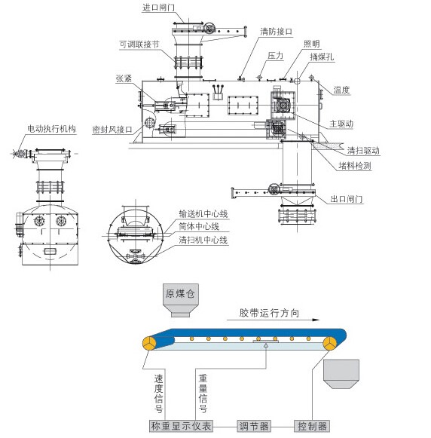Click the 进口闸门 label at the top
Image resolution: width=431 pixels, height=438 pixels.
coord(158,8)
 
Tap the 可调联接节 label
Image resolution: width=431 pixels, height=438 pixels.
coord(139,44)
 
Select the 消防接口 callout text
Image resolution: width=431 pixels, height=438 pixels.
coord(277,32)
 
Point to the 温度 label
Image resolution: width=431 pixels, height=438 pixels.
coord(341,90)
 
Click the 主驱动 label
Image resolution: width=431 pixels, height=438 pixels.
coord(341,124)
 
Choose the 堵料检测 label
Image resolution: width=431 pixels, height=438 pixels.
coord(355,166)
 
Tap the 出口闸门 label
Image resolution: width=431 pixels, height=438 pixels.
coord(347,199)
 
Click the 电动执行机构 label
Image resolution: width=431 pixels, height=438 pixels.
coord(52,128)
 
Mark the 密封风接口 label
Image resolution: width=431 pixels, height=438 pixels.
coord(112,130)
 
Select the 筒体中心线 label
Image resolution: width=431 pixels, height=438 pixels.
coord(199,226)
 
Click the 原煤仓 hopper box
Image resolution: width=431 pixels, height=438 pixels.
coord(180,300)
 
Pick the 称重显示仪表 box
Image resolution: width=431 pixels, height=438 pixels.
coord(181,426)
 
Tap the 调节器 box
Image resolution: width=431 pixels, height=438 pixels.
coord(254,426)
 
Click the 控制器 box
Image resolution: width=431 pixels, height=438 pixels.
coord(312,426)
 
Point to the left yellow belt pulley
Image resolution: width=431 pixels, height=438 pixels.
coord(150,343)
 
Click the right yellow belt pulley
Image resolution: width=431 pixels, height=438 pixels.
coord(331,343)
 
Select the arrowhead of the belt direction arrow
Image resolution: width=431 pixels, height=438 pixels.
coord(316,320)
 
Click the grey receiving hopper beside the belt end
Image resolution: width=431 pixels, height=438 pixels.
coord(341,374)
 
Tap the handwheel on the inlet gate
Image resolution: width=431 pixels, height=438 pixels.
coord(209,28)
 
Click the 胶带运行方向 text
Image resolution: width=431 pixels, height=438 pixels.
coord(269,313)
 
